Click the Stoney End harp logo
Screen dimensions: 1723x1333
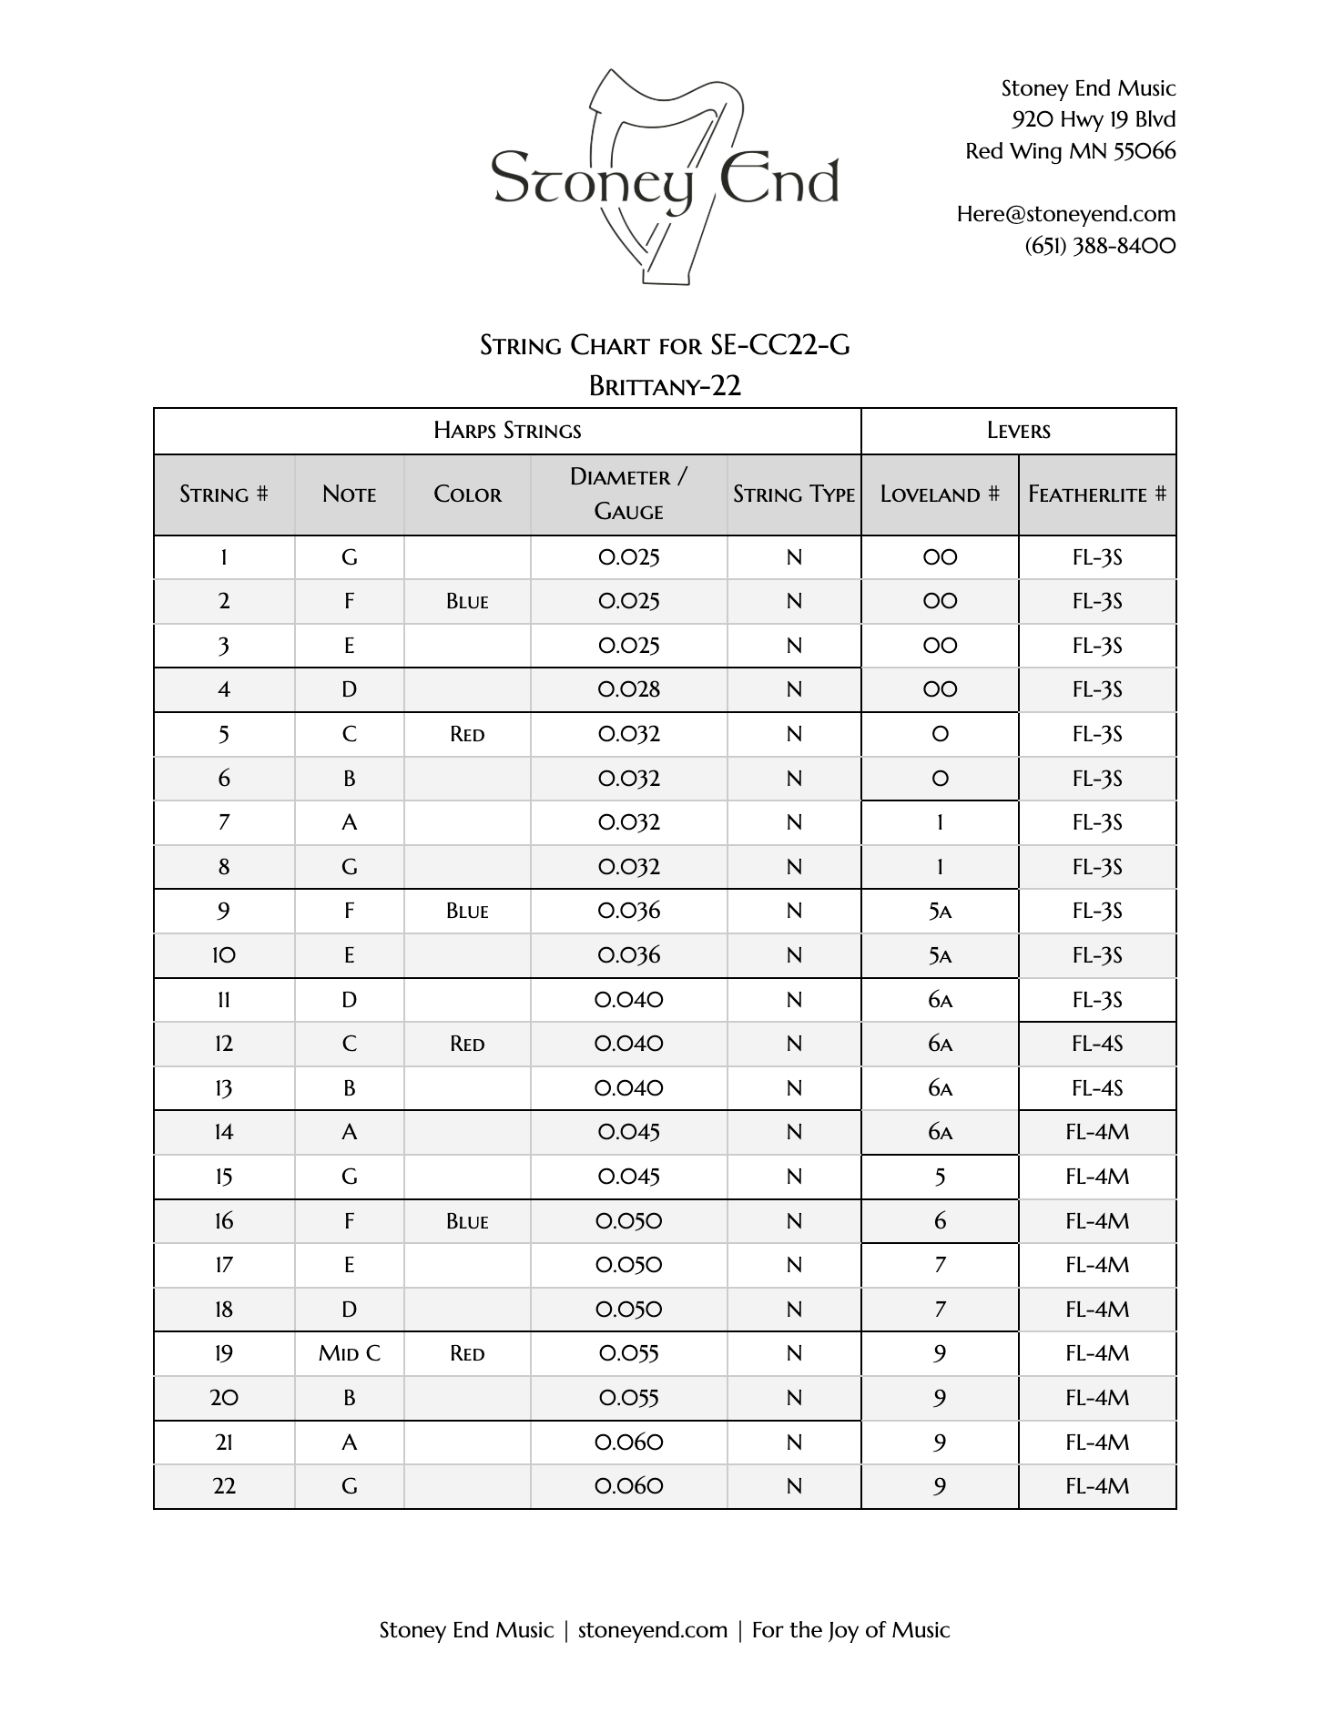666,177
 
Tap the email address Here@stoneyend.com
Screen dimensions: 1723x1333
1065,214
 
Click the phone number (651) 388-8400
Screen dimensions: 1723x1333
1100,246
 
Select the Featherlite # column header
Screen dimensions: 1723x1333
1096,494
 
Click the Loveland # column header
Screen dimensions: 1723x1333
939,494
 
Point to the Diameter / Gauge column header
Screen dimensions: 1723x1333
628,494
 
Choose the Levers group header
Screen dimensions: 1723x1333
1018,431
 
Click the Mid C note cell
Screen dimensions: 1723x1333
349,1353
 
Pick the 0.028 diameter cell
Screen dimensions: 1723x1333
628,689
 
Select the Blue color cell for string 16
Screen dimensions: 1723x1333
467,1221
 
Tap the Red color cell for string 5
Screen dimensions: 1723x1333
467,734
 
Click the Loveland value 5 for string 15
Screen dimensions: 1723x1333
940,1177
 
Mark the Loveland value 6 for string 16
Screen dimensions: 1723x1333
940,1221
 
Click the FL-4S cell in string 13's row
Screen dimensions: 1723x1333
1096,1088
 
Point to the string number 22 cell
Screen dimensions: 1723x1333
224,1486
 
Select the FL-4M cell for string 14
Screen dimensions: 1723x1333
1096,1132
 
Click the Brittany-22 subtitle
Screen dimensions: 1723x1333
665,386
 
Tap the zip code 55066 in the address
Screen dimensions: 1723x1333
1145,151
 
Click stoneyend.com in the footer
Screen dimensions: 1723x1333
652,1630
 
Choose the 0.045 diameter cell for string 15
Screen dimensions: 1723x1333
628,1177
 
